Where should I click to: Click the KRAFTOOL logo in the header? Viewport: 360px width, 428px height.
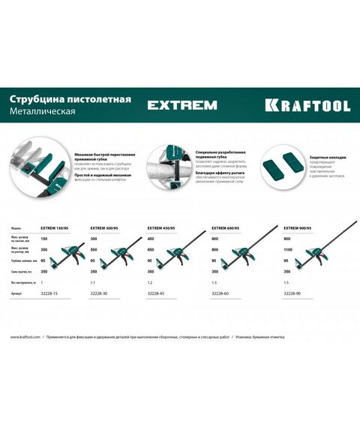pos(307,105)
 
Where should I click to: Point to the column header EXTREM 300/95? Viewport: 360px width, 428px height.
pos(107,227)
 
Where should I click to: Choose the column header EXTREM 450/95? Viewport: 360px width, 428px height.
pos(165,227)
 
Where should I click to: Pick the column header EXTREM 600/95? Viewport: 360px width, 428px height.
pos(228,227)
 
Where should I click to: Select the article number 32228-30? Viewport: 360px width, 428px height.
pos(100,294)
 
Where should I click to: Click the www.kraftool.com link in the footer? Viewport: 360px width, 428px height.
pos(25,336)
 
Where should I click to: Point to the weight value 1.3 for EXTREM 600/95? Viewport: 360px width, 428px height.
pos(214,282)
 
